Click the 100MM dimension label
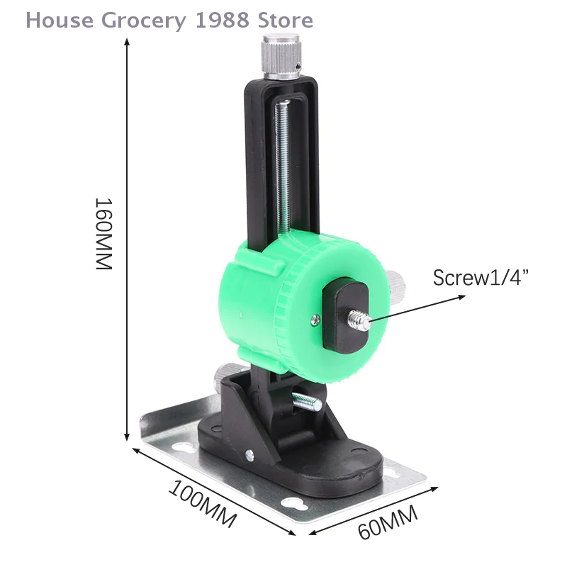(x=202, y=505)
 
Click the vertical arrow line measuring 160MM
(x=127, y=241)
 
